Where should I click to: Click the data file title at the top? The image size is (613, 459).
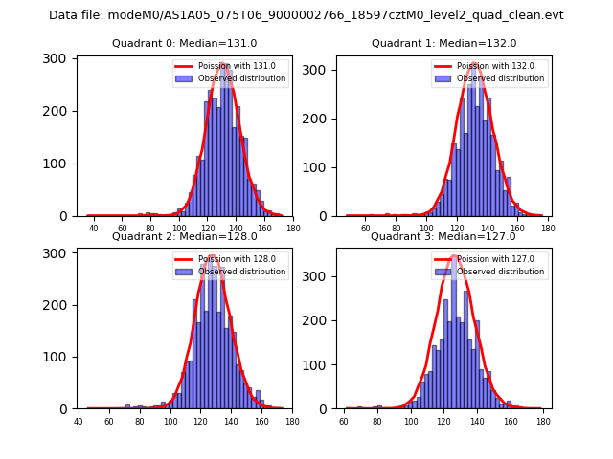click(306, 15)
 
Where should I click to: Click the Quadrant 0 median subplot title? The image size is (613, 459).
click(185, 43)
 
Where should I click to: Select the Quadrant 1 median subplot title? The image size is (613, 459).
click(444, 43)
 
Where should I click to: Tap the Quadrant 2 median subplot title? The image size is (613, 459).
click(185, 236)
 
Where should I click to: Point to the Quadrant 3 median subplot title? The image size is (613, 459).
click(443, 236)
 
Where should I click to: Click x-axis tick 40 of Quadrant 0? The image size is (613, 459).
click(94, 229)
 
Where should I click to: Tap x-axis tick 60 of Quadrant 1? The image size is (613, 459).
click(365, 229)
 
